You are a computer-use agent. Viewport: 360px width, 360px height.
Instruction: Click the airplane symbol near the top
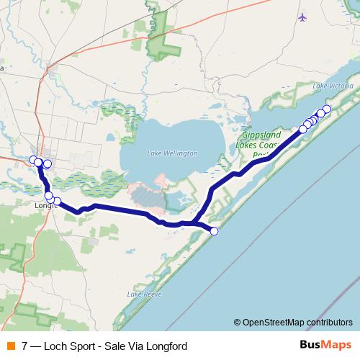pos(302,16)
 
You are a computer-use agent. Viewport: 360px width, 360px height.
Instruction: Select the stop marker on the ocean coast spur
pos(214,230)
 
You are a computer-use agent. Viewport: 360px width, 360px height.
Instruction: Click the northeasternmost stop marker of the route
pos(326,109)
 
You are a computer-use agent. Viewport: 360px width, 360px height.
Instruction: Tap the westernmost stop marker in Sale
pos(33,159)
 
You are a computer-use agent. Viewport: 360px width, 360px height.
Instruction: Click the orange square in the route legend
pos(10,346)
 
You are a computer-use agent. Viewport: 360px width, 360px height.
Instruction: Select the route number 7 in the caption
pos(25,346)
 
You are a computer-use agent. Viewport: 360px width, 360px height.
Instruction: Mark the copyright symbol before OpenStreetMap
pos(238,322)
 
